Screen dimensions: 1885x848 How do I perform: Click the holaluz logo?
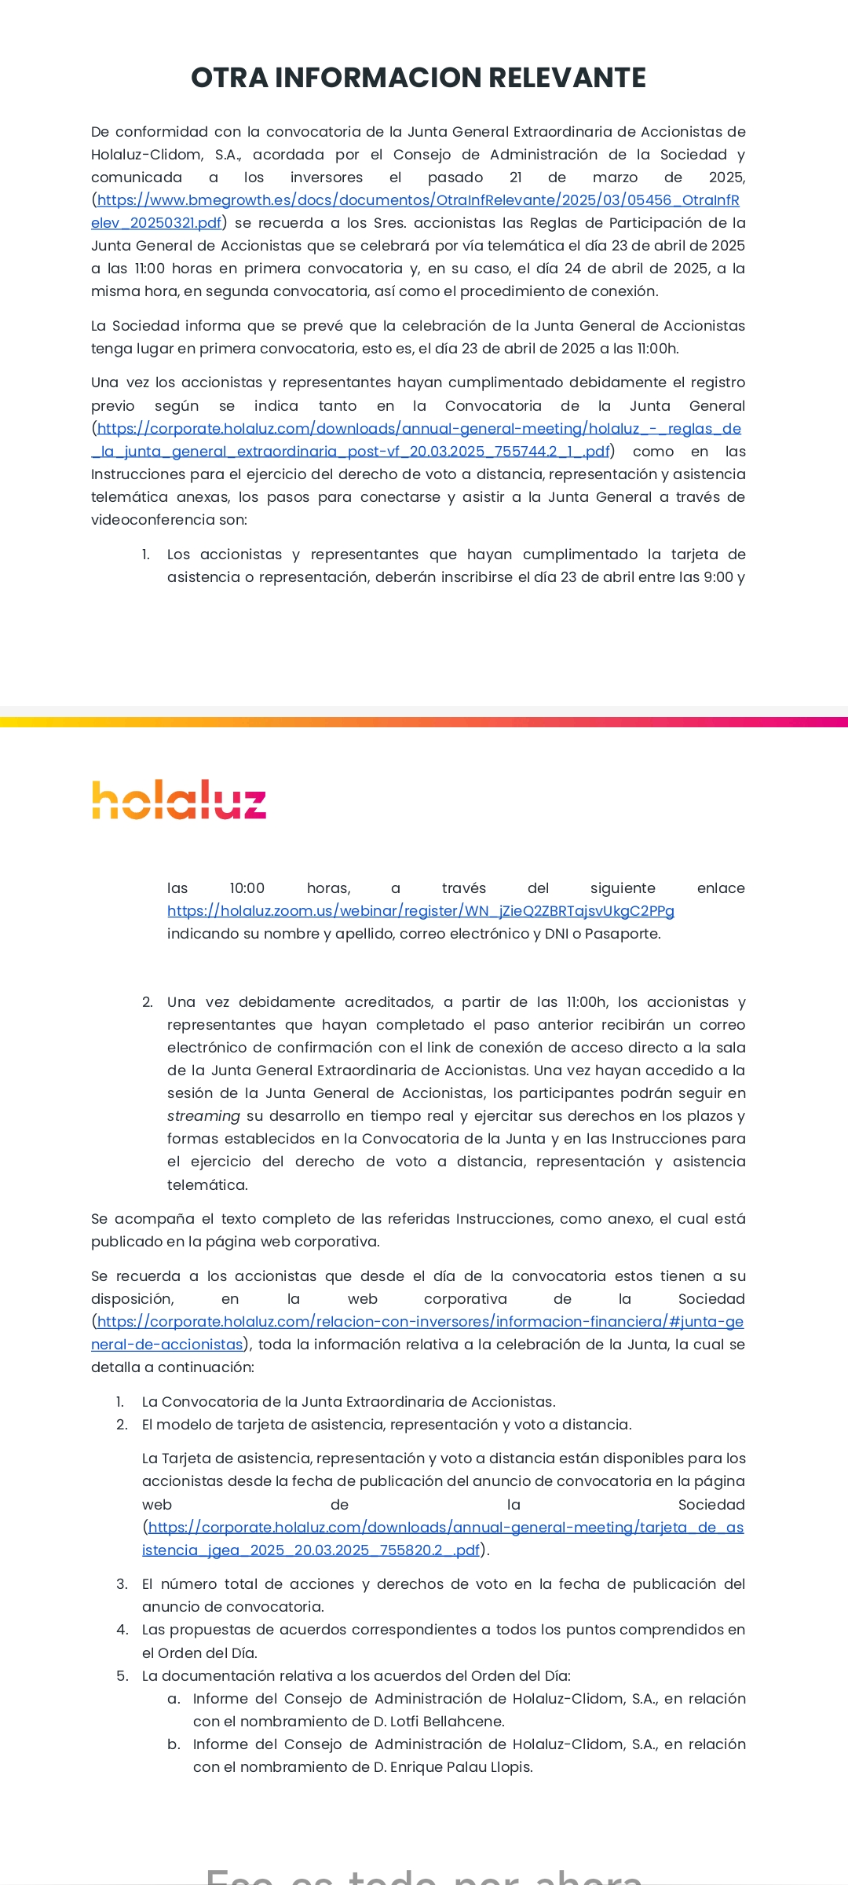[x=179, y=800]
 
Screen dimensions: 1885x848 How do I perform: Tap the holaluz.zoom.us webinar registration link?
[x=420, y=911]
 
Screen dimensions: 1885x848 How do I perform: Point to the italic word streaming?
[x=203, y=1116]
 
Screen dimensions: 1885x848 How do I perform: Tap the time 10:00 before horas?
[x=247, y=888]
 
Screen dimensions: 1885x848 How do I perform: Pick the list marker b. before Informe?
[x=174, y=1744]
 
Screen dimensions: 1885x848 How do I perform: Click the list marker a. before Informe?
[x=174, y=1699]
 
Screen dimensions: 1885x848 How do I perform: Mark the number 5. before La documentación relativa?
[x=122, y=1676]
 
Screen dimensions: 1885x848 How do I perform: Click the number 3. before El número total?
[x=122, y=1584]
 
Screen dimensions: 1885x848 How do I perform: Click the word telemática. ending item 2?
[x=207, y=1185]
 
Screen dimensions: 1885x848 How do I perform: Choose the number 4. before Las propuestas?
[x=122, y=1630]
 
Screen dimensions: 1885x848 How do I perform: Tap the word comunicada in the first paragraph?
[x=137, y=178]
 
